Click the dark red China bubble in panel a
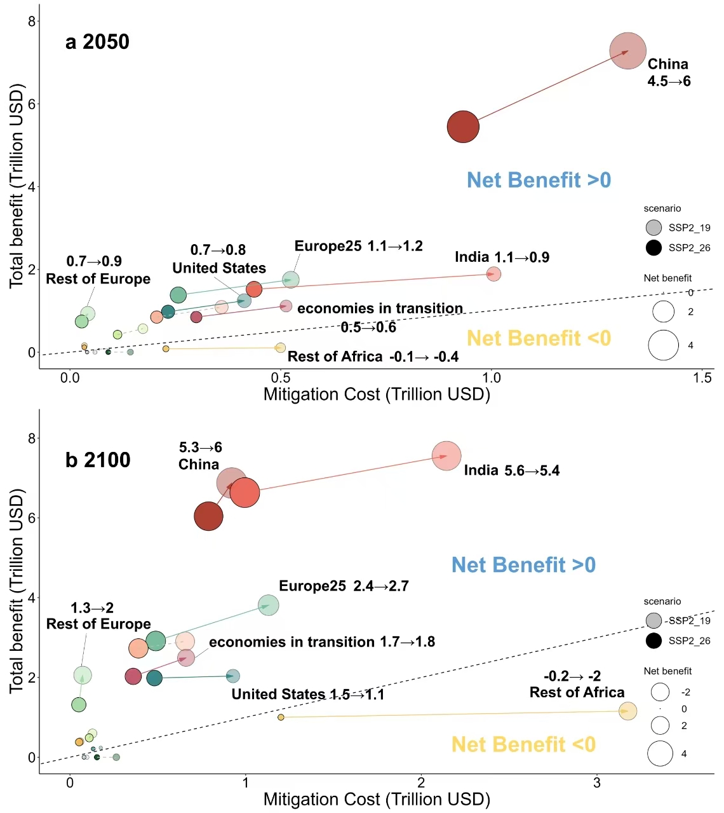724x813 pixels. coord(463,126)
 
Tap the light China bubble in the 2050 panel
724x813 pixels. coord(627,51)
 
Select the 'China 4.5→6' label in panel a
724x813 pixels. coord(668,72)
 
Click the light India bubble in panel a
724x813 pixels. coord(493,274)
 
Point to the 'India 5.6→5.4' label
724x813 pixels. coord(511,470)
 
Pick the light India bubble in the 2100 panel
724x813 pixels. coord(446,456)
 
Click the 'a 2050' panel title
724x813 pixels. coord(97,42)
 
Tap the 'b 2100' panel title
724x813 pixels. coord(98,460)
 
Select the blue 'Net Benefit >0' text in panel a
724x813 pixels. coord(539,180)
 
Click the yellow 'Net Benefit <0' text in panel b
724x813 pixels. coord(523,744)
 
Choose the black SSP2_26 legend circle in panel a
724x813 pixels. coord(654,248)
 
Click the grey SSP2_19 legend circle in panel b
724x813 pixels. coord(654,620)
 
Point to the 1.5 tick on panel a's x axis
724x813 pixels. coord(702,378)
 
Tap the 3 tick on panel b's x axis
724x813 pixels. coord(597,782)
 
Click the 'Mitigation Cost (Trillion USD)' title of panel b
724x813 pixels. coord(377,799)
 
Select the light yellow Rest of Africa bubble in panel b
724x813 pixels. coord(627,711)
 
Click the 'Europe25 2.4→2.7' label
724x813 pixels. coord(344,586)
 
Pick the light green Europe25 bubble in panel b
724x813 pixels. coord(269,605)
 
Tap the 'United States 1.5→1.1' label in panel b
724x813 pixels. coord(308,694)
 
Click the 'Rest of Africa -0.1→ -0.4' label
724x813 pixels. coord(373,357)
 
